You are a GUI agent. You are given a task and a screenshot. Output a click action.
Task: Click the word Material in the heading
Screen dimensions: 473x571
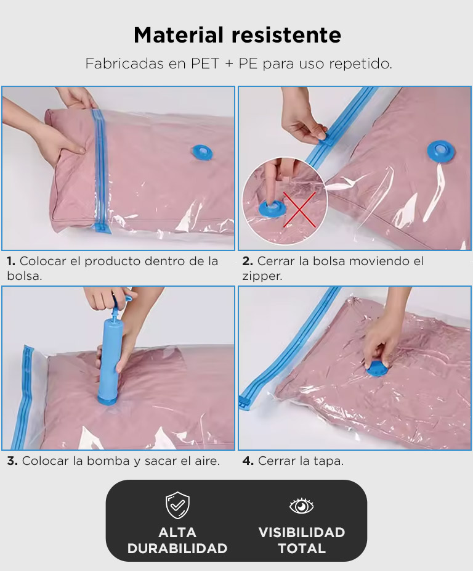click(x=178, y=35)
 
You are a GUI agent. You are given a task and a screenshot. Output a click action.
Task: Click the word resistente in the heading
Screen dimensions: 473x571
click(x=286, y=35)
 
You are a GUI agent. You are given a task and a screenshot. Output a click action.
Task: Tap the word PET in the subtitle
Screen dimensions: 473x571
click(x=206, y=64)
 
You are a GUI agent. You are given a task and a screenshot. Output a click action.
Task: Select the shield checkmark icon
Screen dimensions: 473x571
click(x=177, y=505)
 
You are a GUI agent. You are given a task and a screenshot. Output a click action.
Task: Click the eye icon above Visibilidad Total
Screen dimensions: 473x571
click(x=301, y=506)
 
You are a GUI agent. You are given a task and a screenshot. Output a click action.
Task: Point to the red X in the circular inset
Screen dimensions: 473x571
click(x=299, y=209)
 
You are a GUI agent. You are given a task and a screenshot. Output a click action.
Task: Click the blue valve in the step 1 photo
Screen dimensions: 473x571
click(x=201, y=152)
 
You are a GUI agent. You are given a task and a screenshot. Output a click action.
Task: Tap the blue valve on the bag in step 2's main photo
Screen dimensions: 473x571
click(x=441, y=152)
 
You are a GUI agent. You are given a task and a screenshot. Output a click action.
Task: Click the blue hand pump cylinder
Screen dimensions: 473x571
click(x=108, y=360)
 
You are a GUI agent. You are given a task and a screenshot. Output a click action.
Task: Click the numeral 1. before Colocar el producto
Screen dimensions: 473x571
click(x=11, y=261)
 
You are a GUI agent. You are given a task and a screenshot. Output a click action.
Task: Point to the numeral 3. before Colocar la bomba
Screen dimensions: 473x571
click(x=12, y=461)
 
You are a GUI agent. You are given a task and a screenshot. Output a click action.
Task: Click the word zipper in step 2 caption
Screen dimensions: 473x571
click(x=262, y=276)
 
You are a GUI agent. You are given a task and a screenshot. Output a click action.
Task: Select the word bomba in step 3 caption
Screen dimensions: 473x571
click(x=108, y=461)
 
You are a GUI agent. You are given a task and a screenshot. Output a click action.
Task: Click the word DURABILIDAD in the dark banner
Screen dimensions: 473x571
click(x=177, y=548)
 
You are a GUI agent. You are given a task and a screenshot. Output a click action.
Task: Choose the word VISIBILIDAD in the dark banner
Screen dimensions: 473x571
click(x=302, y=532)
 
